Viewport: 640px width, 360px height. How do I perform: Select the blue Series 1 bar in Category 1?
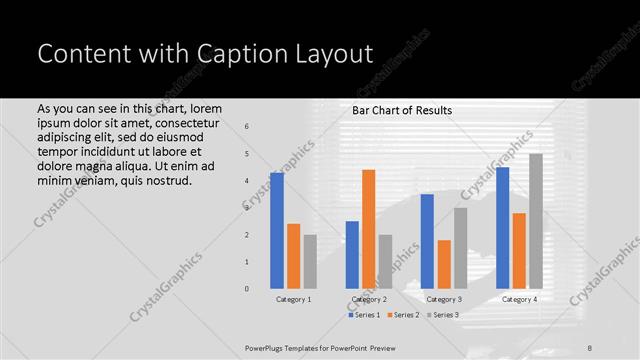coord(276,230)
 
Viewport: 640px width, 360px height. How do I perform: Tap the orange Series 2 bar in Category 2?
coord(368,228)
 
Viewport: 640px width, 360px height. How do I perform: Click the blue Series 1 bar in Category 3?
coord(427,241)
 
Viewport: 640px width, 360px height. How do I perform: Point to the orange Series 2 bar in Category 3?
coord(444,264)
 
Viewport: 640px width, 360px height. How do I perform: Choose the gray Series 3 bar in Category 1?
coord(310,261)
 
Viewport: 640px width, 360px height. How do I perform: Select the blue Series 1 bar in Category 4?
coord(502,227)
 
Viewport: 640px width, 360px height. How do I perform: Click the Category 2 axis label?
coord(369,299)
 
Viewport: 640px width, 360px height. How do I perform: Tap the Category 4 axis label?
coord(519,299)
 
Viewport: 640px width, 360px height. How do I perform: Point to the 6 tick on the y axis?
coord(247,127)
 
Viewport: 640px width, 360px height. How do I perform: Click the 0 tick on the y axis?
coord(247,289)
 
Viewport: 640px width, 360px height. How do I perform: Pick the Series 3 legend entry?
coord(443,315)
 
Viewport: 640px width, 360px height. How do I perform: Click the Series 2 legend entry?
coord(404,315)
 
